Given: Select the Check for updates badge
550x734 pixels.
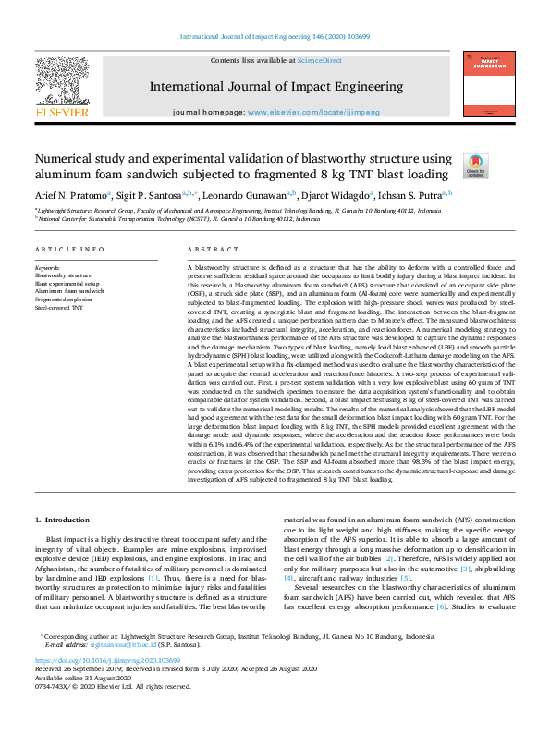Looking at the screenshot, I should [x=474, y=165].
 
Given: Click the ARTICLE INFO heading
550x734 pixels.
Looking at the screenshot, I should [x=69, y=250].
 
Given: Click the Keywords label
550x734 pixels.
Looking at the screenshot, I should [x=46, y=268].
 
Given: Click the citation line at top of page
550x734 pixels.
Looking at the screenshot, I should [x=275, y=38].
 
